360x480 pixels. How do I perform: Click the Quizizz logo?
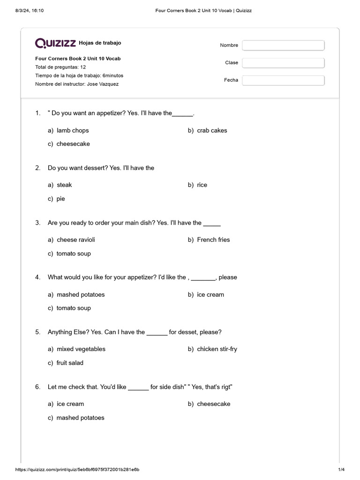[x=56, y=43]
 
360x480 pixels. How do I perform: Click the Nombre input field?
[x=283, y=45]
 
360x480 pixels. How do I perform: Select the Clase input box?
[x=283, y=63]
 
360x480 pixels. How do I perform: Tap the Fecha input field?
[x=283, y=80]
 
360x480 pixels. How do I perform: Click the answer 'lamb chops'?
[x=73, y=130]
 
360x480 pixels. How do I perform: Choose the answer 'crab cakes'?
[x=212, y=130]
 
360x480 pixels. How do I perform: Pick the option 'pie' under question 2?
[x=61, y=199]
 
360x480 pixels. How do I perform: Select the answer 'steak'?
[x=64, y=185]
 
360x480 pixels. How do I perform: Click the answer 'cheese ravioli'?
[x=75, y=240]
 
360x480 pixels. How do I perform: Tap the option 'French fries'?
[x=213, y=240]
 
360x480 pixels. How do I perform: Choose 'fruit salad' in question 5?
[x=70, y=363]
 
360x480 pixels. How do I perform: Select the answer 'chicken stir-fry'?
[x=217, y=349]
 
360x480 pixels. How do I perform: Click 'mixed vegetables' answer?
[x=81, y=349]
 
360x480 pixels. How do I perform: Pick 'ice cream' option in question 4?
[x=210, y=294]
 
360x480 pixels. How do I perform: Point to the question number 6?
[x=37, y=387]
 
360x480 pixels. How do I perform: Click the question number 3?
[x=37, y=223]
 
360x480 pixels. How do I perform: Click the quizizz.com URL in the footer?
[x=77, y=469]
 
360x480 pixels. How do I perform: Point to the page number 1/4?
[x=341, y=469]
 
